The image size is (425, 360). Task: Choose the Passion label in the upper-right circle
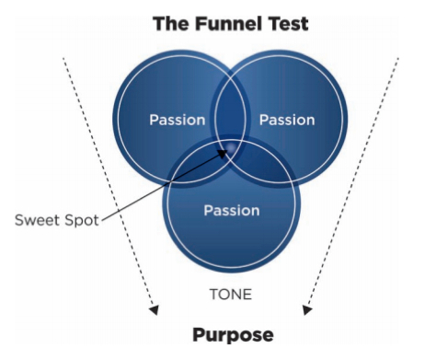coord(287,121)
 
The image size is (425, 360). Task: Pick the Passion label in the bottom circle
coord(231,210)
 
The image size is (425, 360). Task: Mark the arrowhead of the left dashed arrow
coord(154,308)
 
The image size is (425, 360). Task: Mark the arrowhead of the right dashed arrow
coord(307,308)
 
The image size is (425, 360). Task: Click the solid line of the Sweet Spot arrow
coord(156,189)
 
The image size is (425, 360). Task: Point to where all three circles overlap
coord(231,147)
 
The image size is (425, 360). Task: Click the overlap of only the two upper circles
coord(231,106)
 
